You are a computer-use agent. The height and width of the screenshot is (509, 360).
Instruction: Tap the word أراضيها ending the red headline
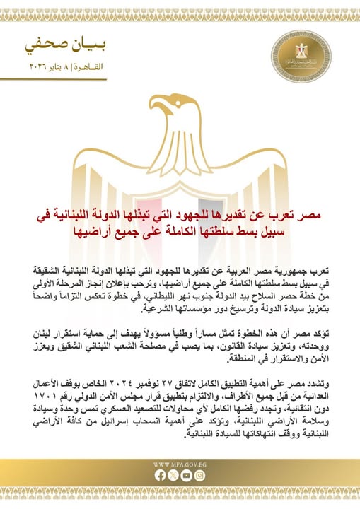click(x=91, y=231)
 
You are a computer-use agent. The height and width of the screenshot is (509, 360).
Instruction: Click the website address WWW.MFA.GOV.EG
click(x=180, y=464)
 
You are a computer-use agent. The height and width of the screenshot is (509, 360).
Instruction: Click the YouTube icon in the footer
click(x=186, y=476)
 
